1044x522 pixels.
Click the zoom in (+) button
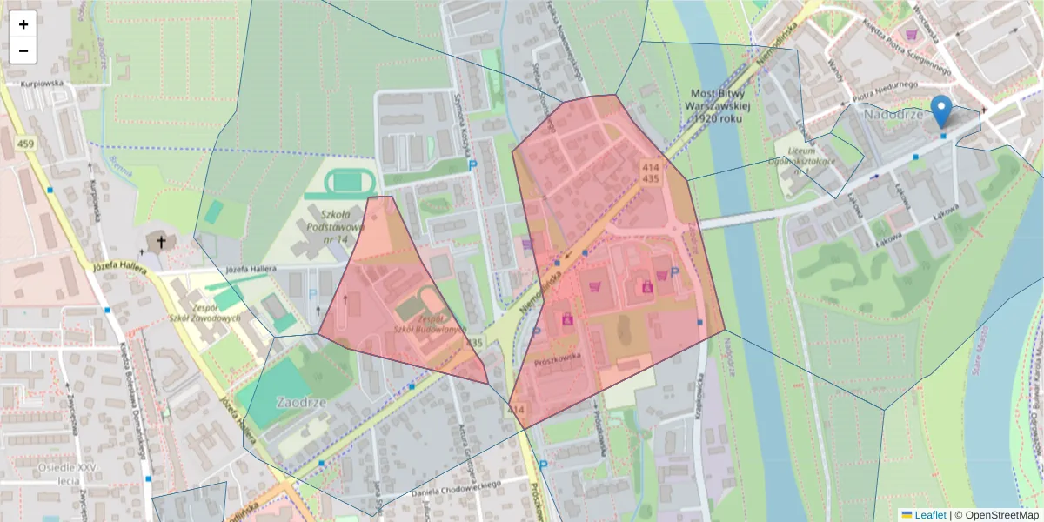click(x=23, y=24)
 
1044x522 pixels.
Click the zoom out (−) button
click(x=23, y=50)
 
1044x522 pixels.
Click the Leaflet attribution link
click(x=929, y=515)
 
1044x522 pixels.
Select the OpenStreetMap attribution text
click(x=996, y=515)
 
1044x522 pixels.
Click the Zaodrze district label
click(x=300, y=403)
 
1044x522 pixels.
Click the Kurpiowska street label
click(x=44, y=84)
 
